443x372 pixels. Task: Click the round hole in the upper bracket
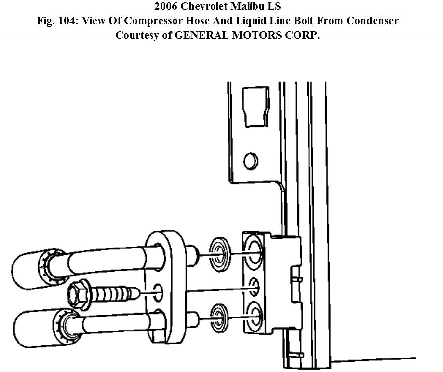pos(251,161)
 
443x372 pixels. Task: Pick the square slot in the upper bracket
pos(255,107)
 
